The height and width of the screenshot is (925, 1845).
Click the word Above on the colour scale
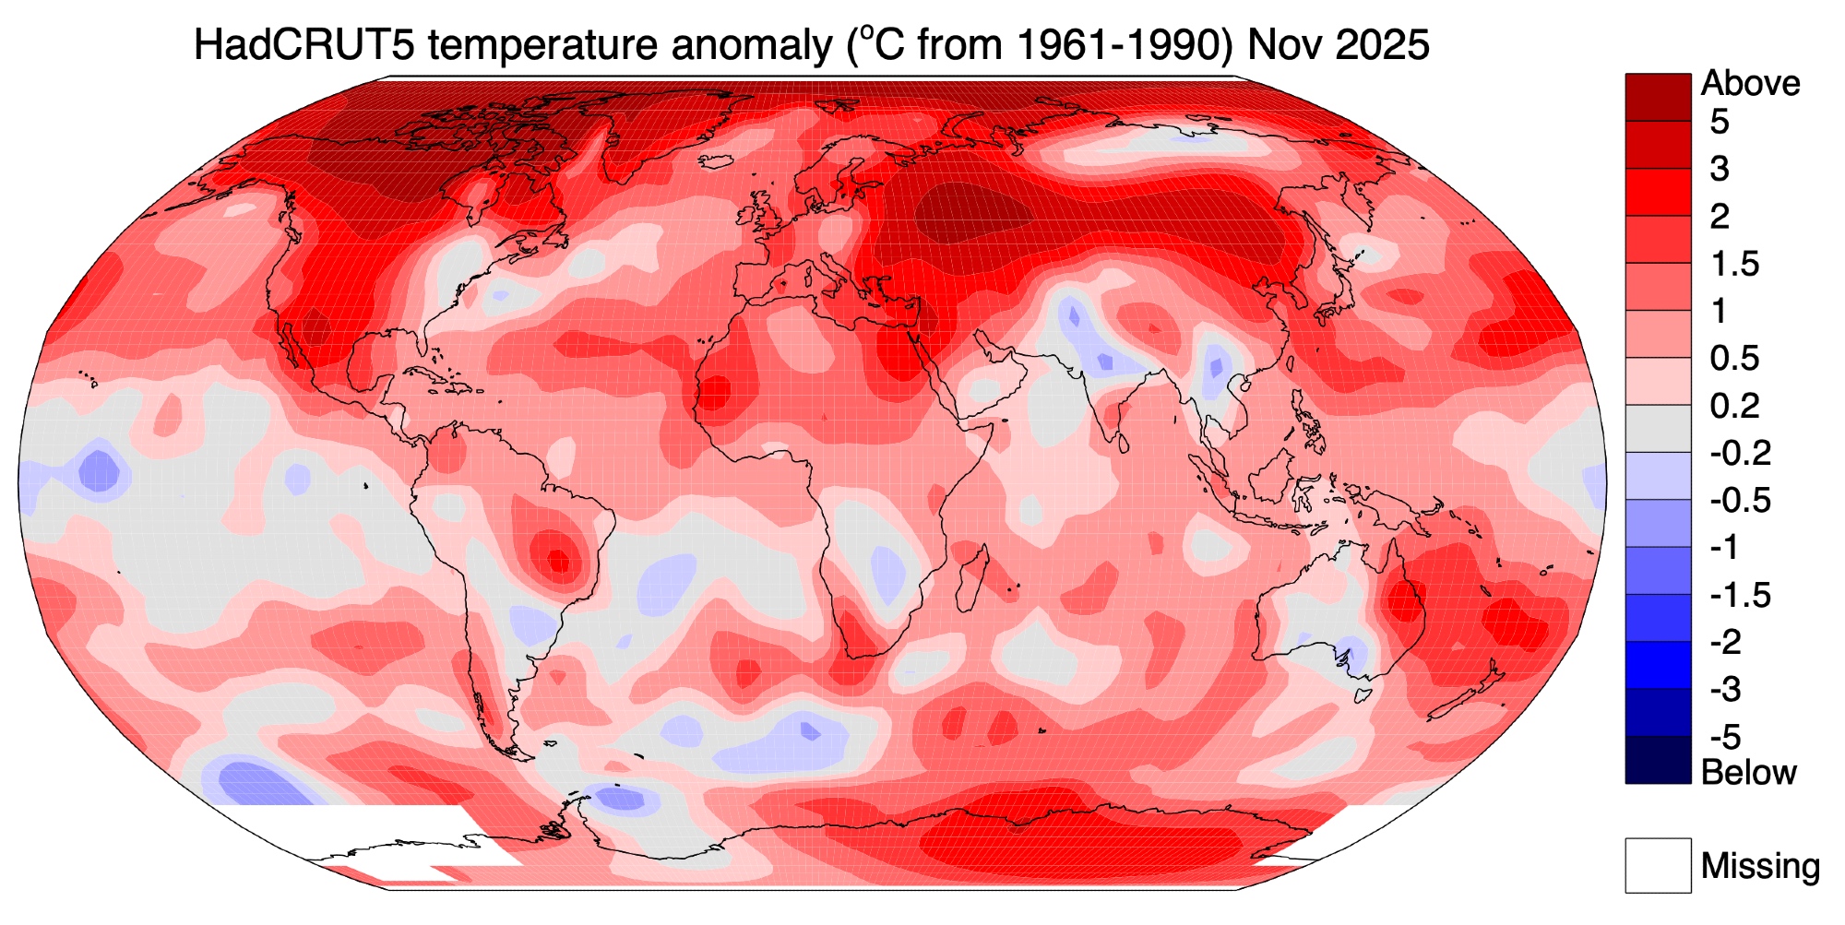pos(1750,83)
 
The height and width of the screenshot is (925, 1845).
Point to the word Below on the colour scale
pos(1748,772)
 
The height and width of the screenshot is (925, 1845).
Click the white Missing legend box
pos(1658,865)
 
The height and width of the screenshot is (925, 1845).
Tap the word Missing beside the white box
pos(1760,866)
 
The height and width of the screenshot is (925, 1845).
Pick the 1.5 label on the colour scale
pos(1734,265)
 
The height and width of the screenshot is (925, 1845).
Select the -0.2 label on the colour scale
pos(1740,454)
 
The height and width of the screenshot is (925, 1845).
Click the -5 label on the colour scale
pos(1724,737)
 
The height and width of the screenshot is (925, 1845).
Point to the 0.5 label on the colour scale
pos(1734,359)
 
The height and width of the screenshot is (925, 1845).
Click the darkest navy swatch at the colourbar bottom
pos(1658,760)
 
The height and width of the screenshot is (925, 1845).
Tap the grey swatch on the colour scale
pos(1658,429)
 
